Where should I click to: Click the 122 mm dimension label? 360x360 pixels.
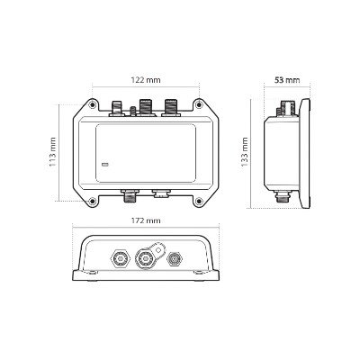[146, 80]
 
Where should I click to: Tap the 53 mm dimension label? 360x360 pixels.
[287, 80]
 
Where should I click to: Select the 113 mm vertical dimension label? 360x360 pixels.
[53, 152]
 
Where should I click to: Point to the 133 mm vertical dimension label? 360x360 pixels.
[245, 152]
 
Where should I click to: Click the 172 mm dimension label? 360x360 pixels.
[146, 220]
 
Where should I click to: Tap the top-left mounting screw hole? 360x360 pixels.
[93, 104]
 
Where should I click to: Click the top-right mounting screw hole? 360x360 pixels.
[198, 104]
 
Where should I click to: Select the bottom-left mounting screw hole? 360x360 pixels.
[93, 201]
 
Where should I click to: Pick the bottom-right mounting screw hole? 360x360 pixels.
[198, 201]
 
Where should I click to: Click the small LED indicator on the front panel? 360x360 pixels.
[105, 165]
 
